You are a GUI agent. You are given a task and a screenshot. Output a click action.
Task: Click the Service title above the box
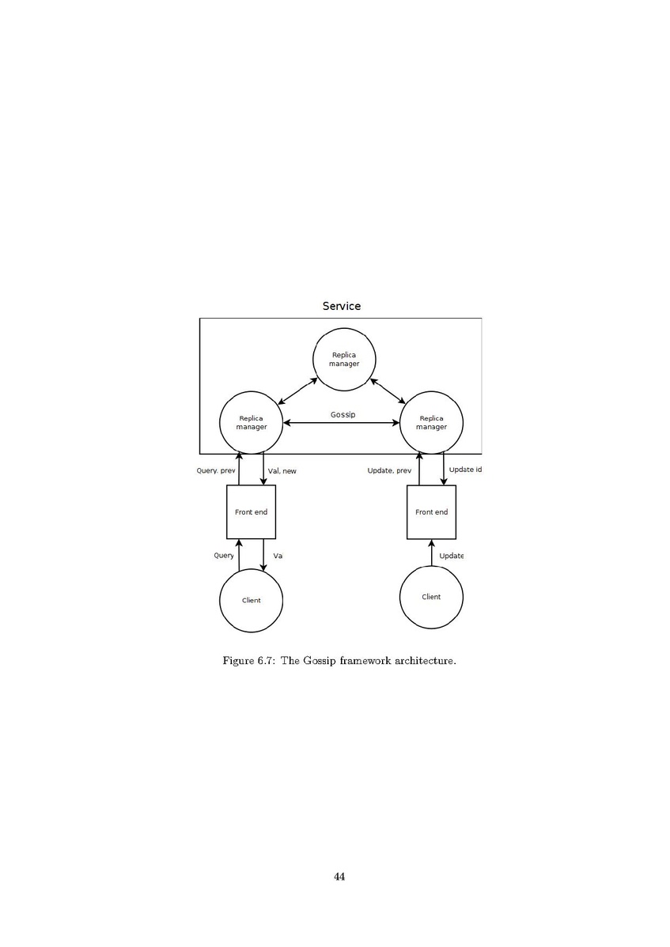click(x=342, y=306)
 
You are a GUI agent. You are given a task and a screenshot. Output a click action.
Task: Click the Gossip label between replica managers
click(x=343, y=415)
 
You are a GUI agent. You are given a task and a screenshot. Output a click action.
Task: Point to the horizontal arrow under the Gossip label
click(x=342, y=423)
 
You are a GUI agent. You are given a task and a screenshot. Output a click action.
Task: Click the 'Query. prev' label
click(x=216, y=470)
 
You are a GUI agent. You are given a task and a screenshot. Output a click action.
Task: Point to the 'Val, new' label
click(x=282, y=471)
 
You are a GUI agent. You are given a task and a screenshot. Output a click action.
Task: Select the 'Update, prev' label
click(x=389, y=470)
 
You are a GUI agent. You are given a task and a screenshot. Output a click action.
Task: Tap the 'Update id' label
click(x=465, y=470)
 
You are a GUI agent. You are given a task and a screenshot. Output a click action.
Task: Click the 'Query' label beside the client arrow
click(x=224, y=556)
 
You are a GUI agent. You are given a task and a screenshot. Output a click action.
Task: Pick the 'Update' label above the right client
click(x=452, y=556)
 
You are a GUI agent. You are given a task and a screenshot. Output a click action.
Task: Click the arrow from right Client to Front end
click(x=431, y=552)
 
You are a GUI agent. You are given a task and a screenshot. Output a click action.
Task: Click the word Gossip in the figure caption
click(x=319, y=661)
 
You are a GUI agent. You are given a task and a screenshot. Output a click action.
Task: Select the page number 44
click(x=339, y=877)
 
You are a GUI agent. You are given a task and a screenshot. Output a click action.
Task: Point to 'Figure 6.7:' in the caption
click(x=249, y=661)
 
